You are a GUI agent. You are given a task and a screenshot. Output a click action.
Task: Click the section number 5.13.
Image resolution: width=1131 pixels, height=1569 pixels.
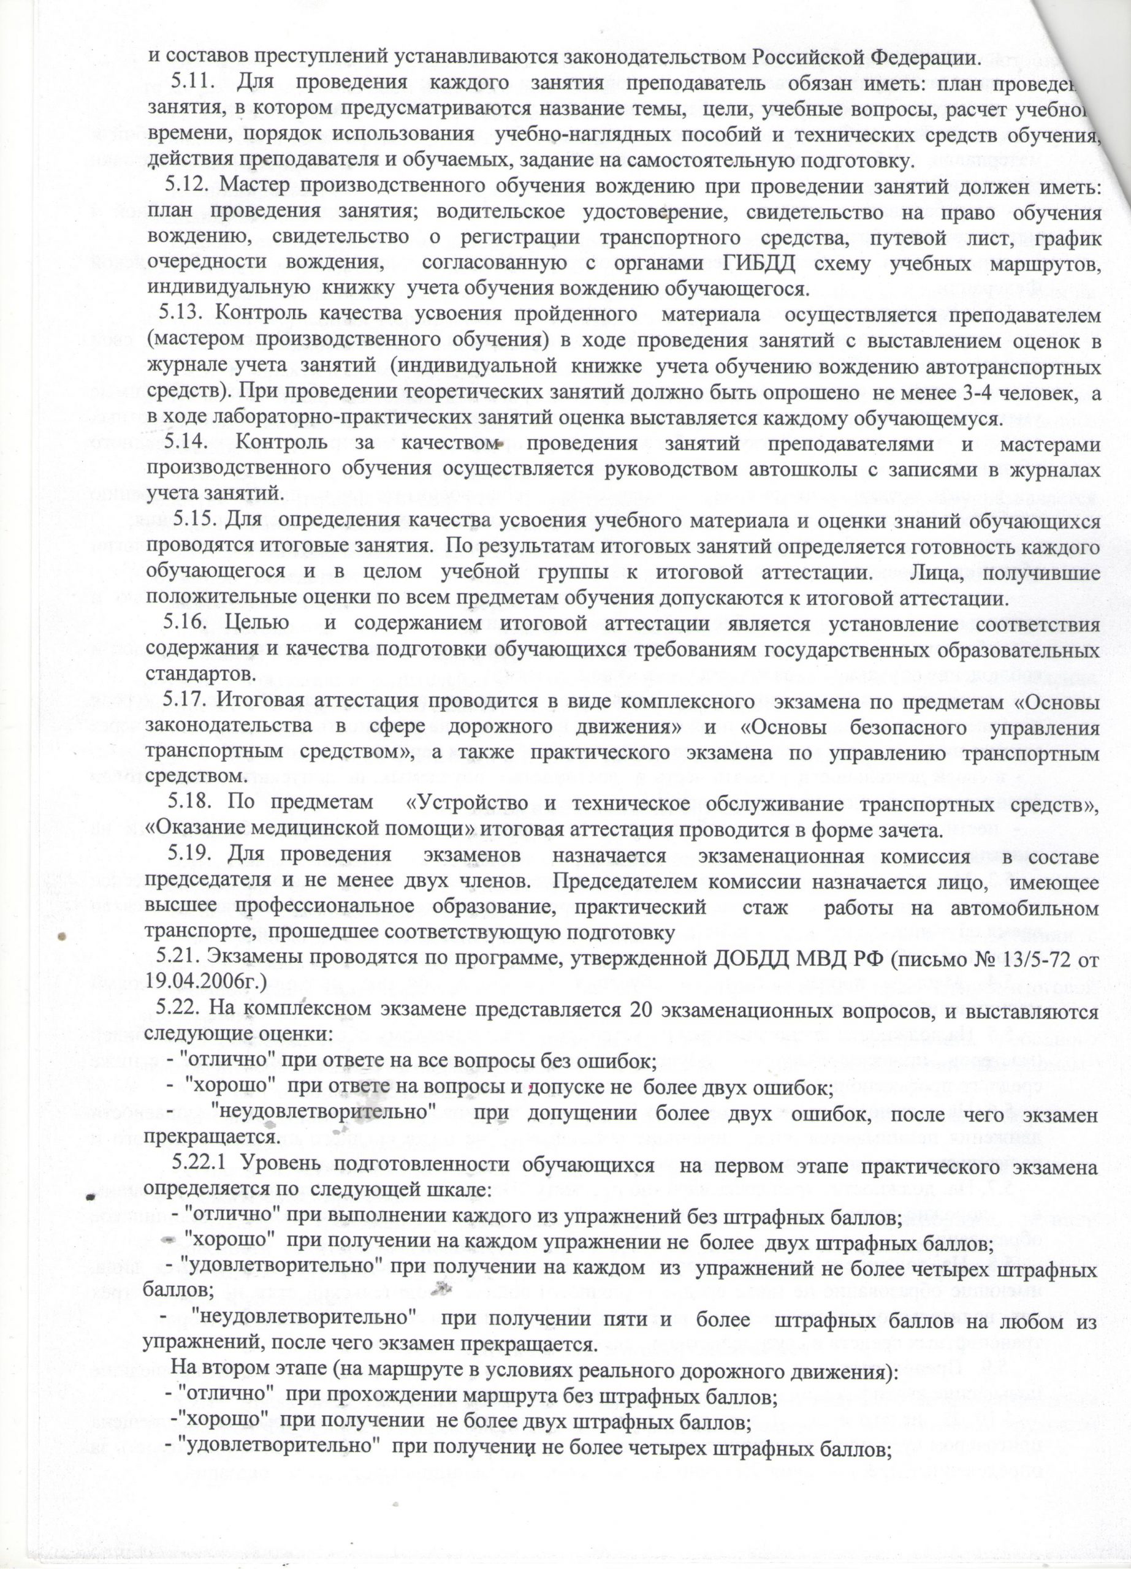click(x=183, y=313)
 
